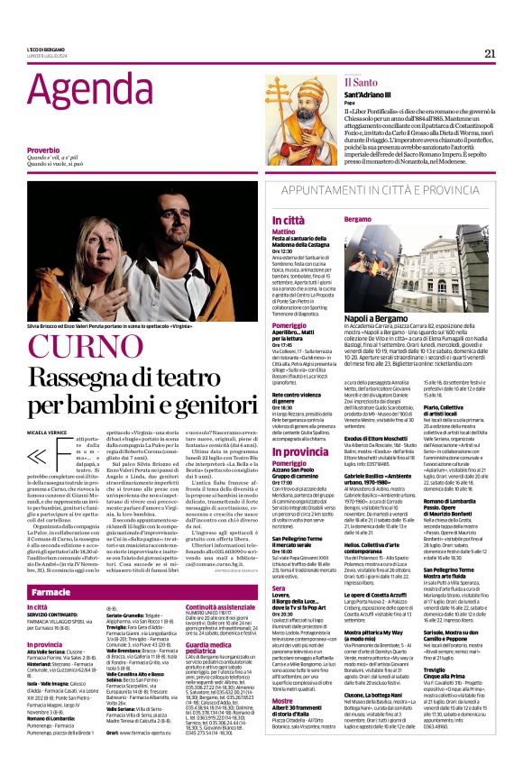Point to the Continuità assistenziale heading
(198, 608)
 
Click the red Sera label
(254, 587)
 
